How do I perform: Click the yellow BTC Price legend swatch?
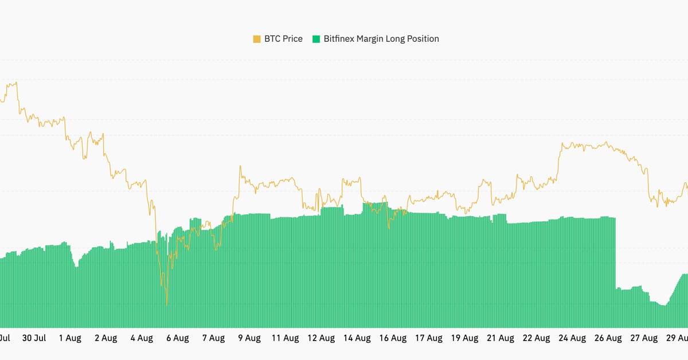pos(257,39)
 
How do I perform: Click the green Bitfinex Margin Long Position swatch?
pos(316,39)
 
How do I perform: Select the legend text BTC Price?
pos(283,39)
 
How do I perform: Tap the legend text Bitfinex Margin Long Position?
pos(381,39)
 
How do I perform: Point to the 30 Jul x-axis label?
pos(34,338)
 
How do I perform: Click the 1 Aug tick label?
pos(70,338)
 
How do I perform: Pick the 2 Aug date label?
pos(105,338)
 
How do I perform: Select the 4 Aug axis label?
pos(142,338)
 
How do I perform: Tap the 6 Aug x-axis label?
pos(177,338)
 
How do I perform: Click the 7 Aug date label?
pos(213,338)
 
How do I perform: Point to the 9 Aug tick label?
pos(249,338)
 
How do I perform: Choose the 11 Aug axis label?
pos(285,338)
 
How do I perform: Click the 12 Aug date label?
pos(321,338)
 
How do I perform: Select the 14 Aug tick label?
pos(357,338)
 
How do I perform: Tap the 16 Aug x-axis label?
pos(393,338)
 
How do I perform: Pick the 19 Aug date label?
pos(464,338)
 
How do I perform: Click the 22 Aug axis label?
pos(536,338)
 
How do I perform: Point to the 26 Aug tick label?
pos(608,338)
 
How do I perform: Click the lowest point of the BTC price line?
pos(167,304)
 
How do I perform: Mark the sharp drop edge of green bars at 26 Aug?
pos(616,252)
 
